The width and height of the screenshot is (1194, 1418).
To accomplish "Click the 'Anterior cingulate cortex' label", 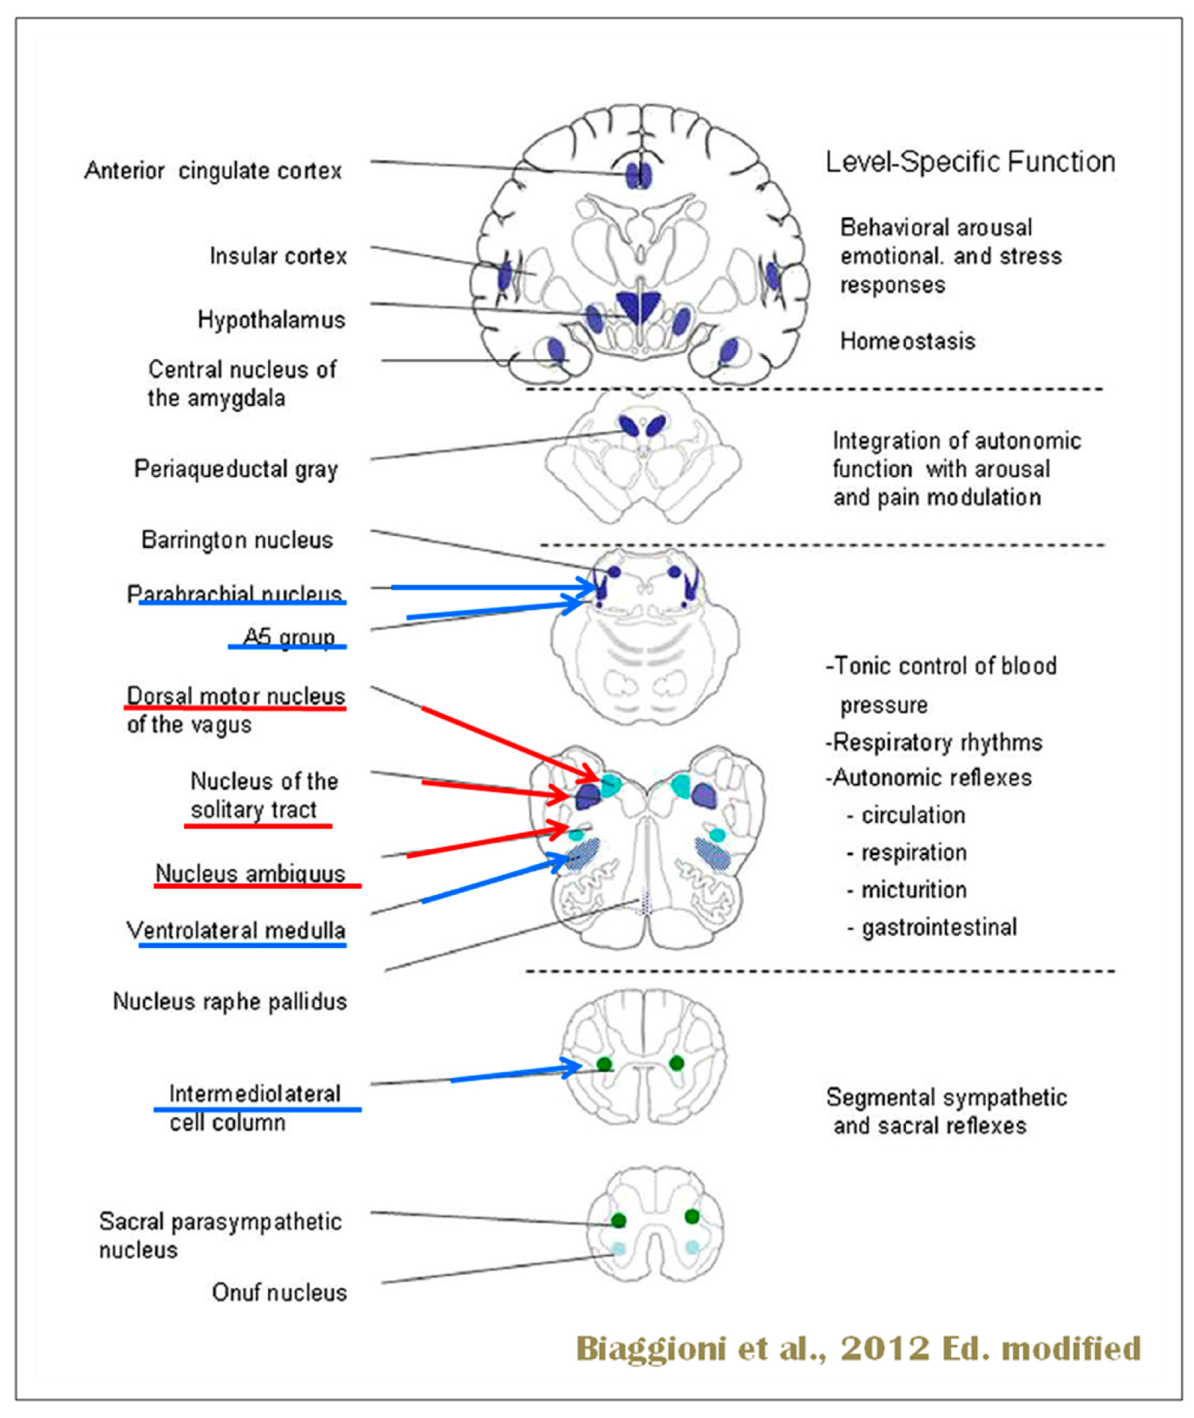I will click(x=213, y=171).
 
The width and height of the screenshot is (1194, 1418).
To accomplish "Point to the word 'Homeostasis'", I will click(x=907, y=341).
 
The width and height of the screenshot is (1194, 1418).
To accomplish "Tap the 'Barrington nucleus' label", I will click(x=237, y=540).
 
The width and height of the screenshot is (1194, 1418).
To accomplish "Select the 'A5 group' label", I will click(x=289, y=637).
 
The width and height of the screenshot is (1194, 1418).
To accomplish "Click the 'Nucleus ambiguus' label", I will click(x=250, y=873).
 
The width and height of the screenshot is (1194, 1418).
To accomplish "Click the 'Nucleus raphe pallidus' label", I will click(x=229, y=1001).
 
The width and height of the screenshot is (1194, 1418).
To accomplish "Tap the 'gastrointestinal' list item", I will click(x=939, y=927).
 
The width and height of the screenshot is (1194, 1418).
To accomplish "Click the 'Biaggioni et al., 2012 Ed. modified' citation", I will click(x=858, y=1348).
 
